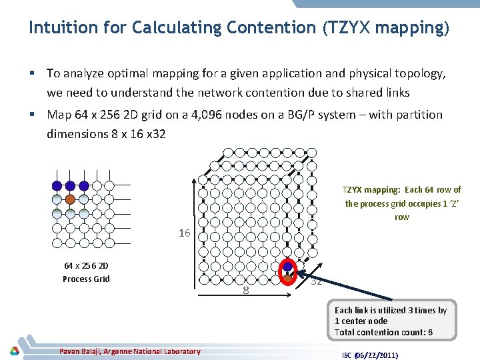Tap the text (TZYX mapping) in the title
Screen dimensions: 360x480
pos(385,28)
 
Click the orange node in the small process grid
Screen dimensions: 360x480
pos(70,199)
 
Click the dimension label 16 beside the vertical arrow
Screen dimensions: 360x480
pos(185,233)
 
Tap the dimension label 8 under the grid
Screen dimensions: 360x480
pos(246,290)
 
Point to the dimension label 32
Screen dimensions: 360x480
pos(317,281)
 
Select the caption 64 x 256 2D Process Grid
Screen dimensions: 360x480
pos(86,272)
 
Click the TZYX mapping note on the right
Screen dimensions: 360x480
pos(402,203)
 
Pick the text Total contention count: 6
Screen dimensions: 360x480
pos(383,332)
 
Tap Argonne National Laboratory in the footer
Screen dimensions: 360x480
pos(155,351)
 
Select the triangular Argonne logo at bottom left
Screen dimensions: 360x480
pos(14,351)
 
